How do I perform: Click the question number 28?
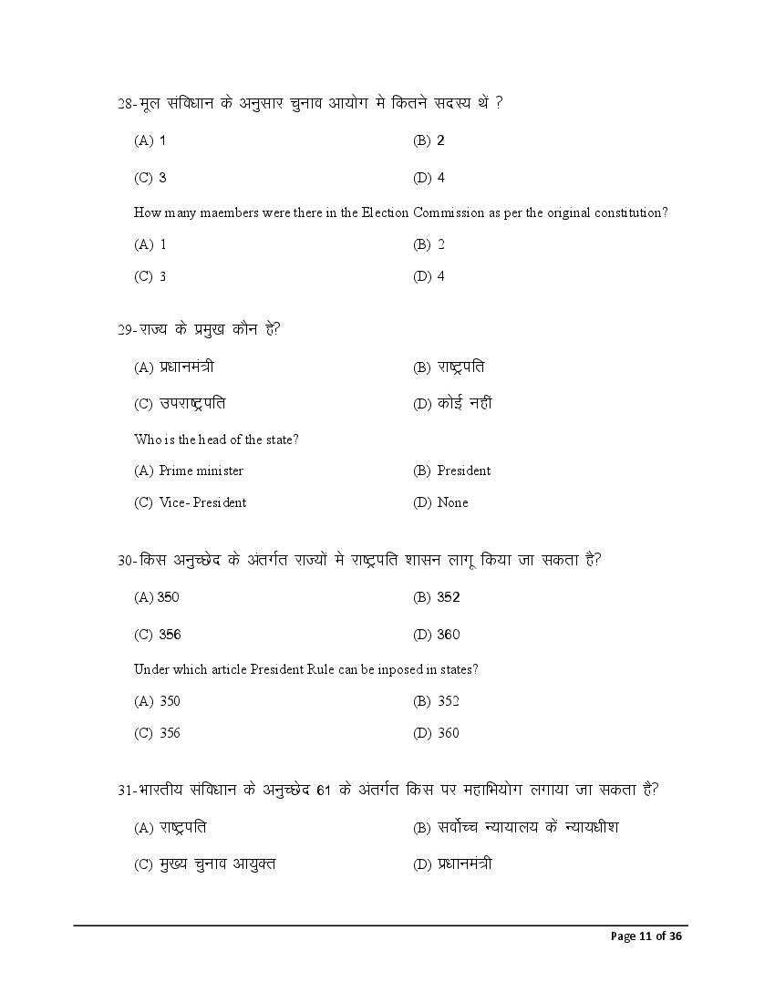pos(126,104)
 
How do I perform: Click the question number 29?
pos(126,330)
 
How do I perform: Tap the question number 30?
pos(126,561)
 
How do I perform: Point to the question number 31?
pos(126,791)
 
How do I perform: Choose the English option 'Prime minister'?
pos(201,470)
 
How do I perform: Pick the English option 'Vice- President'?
pos(202,502)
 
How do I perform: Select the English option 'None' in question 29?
pos(452,502)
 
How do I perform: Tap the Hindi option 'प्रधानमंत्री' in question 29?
pos(187,367)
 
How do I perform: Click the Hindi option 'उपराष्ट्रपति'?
pos(192,404)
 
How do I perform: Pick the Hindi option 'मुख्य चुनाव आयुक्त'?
pos(217,863)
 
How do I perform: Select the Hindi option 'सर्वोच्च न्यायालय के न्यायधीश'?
pos(528,828)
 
